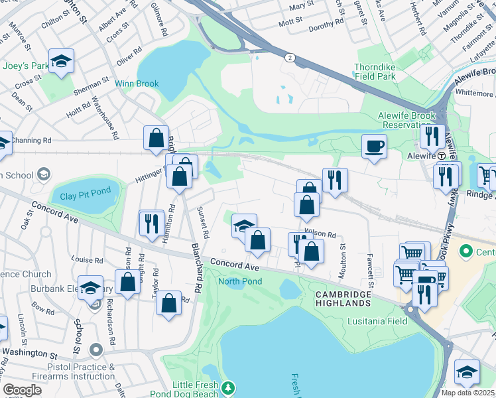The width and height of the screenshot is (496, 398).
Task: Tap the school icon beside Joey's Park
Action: [62, 62]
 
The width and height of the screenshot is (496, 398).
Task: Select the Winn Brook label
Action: [137, 84]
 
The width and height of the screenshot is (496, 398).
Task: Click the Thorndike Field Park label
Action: [384, 72]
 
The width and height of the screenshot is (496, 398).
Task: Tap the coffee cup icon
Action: [375, 146]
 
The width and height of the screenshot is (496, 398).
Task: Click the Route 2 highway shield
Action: [290, 58]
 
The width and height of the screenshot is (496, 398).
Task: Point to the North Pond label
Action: [240, 281]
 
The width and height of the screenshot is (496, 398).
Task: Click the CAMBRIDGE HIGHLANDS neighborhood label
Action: [343, 298]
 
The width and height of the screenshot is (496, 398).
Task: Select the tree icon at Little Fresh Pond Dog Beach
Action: [228, 387]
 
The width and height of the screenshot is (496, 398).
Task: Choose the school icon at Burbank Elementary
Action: [90, 288]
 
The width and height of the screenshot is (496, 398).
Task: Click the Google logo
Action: [22, 390]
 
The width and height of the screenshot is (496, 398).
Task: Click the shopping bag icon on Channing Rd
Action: [156, 138]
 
